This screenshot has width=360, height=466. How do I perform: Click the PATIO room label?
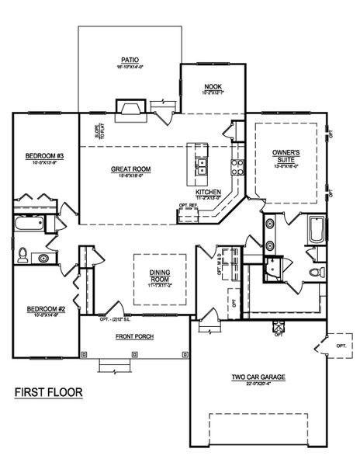click(x=129, y=58)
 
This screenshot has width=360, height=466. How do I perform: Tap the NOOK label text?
click(x=213, y=86)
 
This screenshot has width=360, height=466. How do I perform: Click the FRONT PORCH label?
click(x=135, y=336)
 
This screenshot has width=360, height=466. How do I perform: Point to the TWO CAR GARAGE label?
click(x=258, y=376)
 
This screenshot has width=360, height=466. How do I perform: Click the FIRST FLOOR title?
click(x=47, y=392)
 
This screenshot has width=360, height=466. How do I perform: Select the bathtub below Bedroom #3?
click(x=28, y=225)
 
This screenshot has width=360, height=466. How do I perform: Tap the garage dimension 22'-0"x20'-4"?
click(x=258, y=383)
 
